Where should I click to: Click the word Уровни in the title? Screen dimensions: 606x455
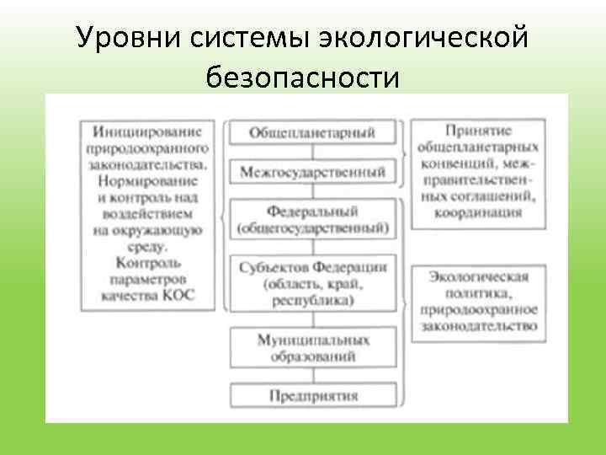122,39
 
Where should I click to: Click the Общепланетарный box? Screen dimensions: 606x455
312,133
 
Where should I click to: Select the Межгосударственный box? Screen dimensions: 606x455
312,172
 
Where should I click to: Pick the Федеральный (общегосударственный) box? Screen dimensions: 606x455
312,219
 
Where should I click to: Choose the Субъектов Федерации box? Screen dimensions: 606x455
312,282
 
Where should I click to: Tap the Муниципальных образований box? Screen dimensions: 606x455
312,347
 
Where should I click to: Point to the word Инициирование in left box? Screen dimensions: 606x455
152,131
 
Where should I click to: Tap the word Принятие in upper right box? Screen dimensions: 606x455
478,131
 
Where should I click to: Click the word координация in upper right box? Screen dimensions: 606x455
478,211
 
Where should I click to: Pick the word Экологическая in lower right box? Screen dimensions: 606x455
478,276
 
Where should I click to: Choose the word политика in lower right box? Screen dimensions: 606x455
478,292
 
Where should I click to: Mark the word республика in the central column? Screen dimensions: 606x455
312,299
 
